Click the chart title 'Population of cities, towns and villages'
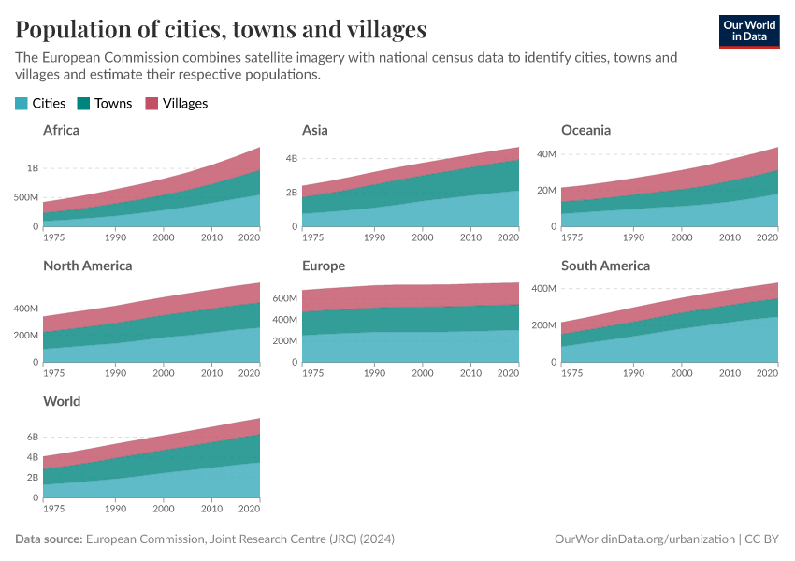(x=221, y=29)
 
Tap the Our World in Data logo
(x=749, y=31)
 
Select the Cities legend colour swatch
(x=22, y=104)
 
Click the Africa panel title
(x=61, y=130)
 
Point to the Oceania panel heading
(x=585, y=130)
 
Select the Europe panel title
(x=324, y=266)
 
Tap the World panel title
(x=62, y=401)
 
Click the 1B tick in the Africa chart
(x=33, y=168)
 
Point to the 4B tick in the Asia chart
(x=291, y=158)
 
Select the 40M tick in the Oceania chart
(x=545, y=153)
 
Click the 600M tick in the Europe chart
(x=285, y=298)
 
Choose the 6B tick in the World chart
(x=33, y=437)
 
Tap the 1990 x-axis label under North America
(x=116, y=373)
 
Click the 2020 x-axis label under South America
(x=766, y=373)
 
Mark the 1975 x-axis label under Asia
(x=314, y=237)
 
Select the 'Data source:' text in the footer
(x=49, y=539)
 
